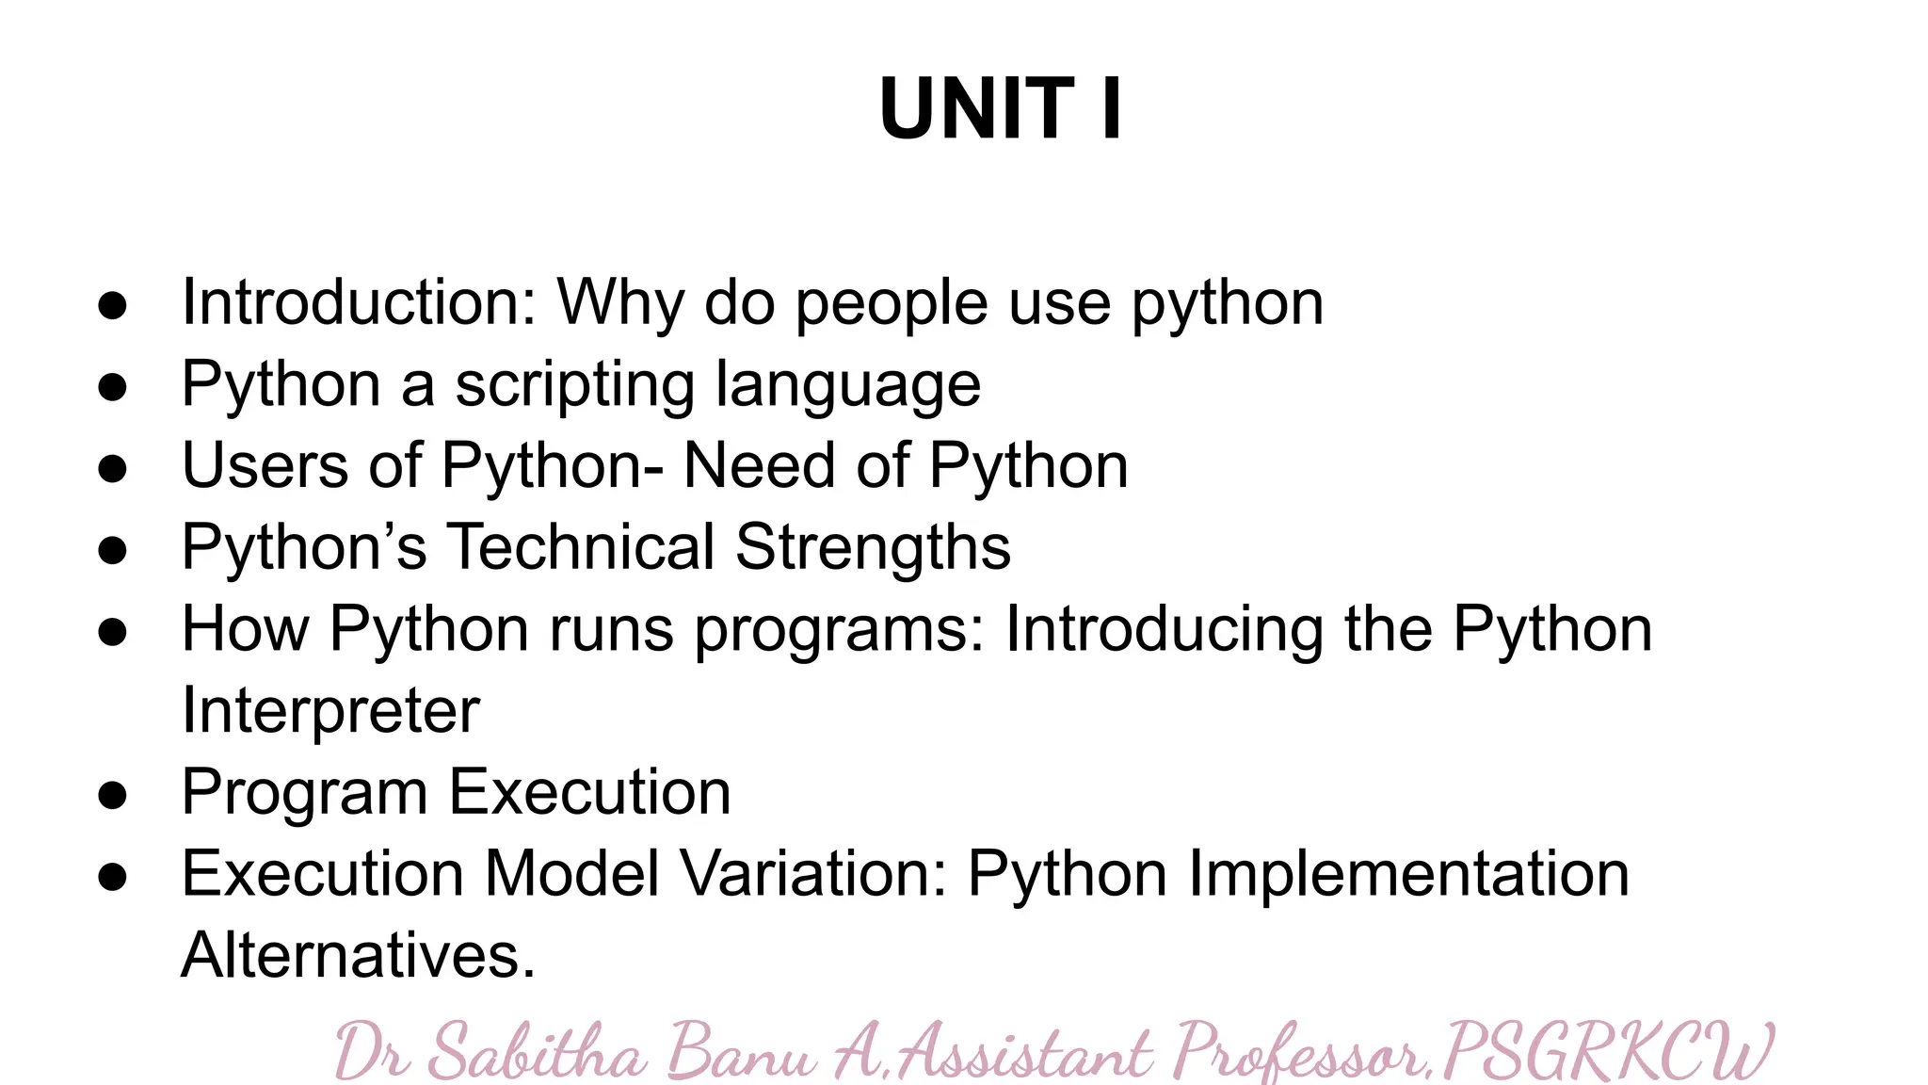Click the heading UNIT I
click(1000, 109)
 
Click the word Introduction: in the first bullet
click(359, 302)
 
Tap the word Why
click(620, 304)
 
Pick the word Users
click(265, 465)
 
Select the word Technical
click(580, 547)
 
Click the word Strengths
click(873, 547)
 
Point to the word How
click(245, 628)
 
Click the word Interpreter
click(330, 710)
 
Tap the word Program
click(304, 793)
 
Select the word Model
click(571, 873)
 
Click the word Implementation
click(1408, 873)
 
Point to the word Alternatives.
click(358, 955)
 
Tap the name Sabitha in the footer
click(537, 1052)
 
